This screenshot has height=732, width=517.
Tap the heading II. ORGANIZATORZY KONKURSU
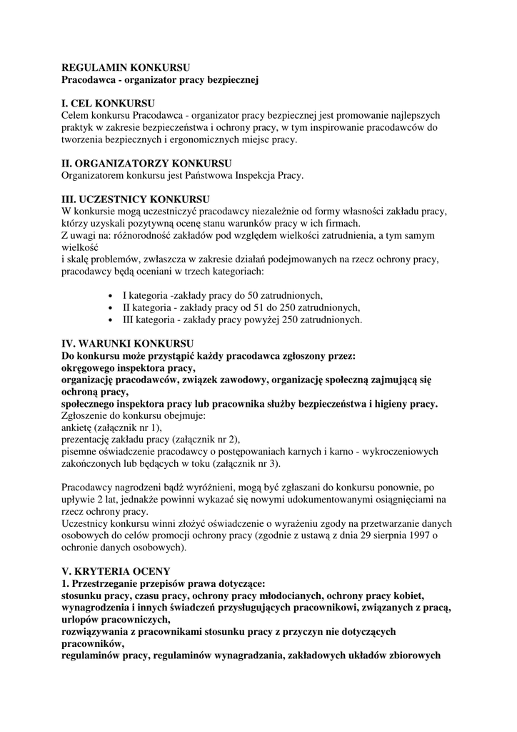(146, 163)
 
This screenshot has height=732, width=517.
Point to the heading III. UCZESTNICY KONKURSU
(136, 199)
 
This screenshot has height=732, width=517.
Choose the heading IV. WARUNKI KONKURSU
(128, 344)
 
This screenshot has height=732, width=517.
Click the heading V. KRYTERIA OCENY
(116, 570)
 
